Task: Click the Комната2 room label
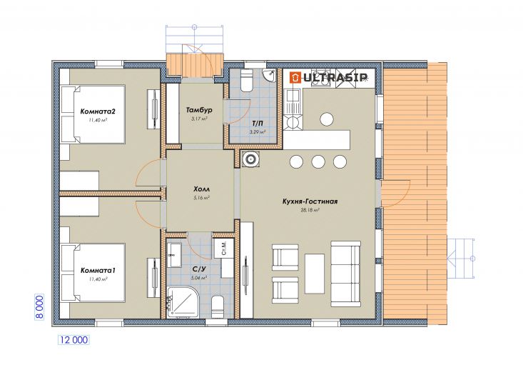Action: pos(98,111)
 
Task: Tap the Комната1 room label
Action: pos(98,271)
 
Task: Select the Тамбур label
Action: pos(199,110)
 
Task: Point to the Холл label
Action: pos(201,189)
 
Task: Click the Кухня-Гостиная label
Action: pos(310,201)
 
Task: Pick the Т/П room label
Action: pos(258,124)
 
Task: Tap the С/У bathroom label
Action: pos(199,269)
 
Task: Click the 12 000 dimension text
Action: pos(73,340)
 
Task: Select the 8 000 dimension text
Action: pos(39,307)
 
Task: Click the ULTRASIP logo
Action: pos(328,77)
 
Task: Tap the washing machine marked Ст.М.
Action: pos(223,248)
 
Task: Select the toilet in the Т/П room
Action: pos(247,80)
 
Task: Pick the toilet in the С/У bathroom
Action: pos(218,307)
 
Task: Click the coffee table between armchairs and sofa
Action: pos(315,273)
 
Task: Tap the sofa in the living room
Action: pos(346,274)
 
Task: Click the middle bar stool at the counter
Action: pos(318,161)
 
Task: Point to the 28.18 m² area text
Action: pos(310,211)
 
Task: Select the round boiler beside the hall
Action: pos(250,159)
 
